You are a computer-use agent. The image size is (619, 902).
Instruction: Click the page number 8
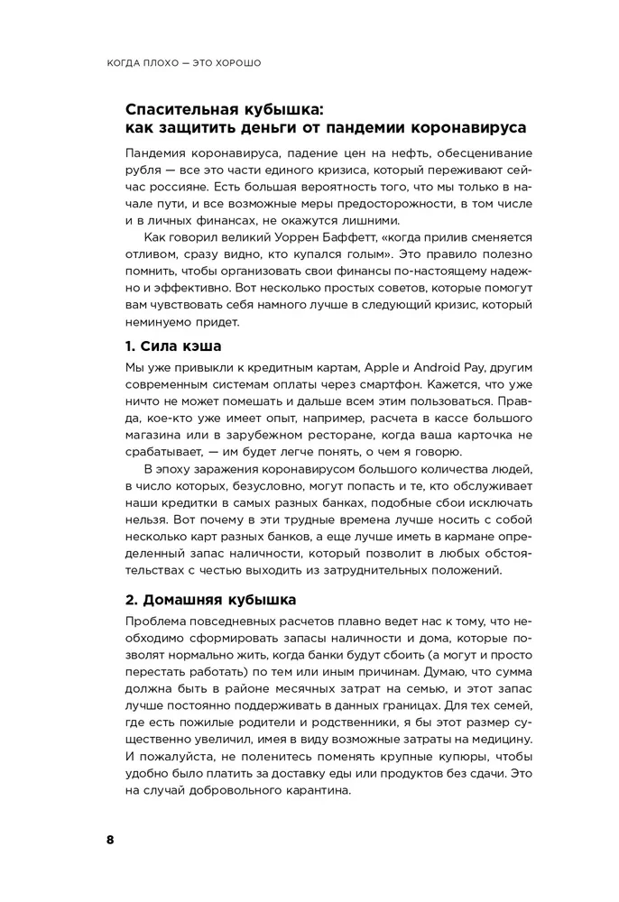point(110,840)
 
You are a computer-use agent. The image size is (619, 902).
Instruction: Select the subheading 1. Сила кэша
point(171,346)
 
